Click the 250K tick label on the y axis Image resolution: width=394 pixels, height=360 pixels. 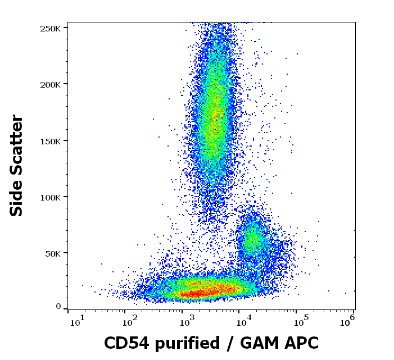tap(50, 28)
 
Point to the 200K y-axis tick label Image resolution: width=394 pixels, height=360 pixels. tap(50, 84)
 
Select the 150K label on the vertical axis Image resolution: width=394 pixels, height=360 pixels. tap(50, 141)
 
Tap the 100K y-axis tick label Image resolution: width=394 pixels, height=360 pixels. tap(50, 197)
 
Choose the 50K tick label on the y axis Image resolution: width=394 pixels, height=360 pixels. tap(52, 253)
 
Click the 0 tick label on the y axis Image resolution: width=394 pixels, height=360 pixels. tap(58, 307)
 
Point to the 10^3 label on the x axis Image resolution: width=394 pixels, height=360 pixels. tap(187, 322)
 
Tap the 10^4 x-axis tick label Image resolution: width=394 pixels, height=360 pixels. tap(243, 322)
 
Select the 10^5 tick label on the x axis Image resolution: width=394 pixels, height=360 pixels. tap(301, 322)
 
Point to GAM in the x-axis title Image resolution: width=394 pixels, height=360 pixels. tap(262, 343)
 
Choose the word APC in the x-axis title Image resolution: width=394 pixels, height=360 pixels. tap(302, 343)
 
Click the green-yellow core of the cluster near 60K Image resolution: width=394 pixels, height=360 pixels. tap(251, 238)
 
